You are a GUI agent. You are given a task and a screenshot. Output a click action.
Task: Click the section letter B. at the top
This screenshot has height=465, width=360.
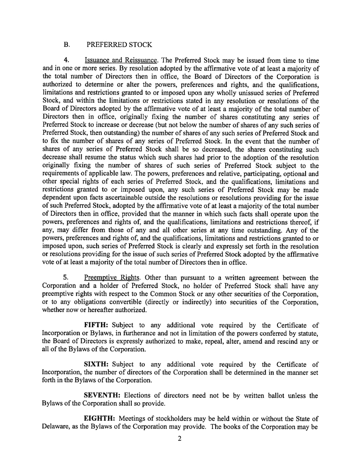(67, 45)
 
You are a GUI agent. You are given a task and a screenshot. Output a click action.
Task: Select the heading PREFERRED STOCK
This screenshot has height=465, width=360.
(119, 45)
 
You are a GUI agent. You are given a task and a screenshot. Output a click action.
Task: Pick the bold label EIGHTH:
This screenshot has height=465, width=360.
(102, 413)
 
